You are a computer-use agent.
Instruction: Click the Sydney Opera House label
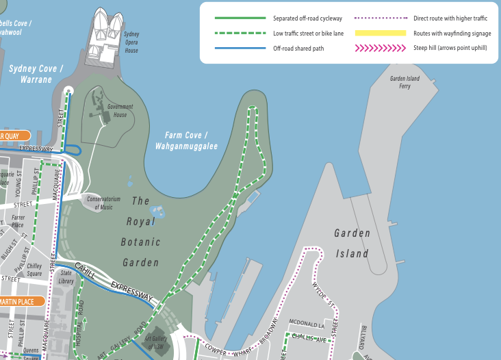click(131, 43)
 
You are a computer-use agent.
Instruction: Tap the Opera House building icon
click(107, 26)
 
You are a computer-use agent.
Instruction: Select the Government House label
click(120, 110)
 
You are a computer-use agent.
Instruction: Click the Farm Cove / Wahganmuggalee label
click(185, 141)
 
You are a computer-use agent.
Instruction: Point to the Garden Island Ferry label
click(404, 82)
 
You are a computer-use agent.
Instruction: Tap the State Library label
click(66, 277)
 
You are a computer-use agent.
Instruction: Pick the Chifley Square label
click(35, 270)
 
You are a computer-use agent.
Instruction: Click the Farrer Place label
click(18, 221)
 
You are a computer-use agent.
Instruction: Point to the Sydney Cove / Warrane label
click(36, 74)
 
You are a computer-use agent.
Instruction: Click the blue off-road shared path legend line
click(240, 48)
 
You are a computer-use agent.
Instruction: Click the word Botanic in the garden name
click(140, 242)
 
